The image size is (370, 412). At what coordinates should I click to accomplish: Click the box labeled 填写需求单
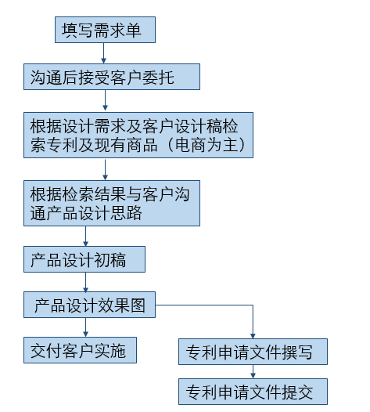point(105,30)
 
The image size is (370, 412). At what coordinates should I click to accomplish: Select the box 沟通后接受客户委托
point(112,77)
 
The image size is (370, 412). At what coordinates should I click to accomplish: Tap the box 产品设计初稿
point(84,259)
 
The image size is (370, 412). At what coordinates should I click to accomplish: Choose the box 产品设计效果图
point(89,305)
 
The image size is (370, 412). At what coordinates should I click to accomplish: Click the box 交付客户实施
point(80,350)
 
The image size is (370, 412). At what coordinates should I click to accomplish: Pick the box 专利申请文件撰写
point(253,352)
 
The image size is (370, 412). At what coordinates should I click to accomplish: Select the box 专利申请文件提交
point(253,392)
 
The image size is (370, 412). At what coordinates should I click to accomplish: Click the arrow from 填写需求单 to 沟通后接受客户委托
point(104,53)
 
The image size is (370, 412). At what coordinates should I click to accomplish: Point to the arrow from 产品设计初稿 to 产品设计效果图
point(85,282)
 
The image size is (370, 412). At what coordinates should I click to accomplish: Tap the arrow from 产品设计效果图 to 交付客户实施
point(85,327)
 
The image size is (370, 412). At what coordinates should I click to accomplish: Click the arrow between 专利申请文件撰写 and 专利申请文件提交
point(253,371)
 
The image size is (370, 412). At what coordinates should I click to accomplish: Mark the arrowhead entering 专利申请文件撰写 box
point(253,336)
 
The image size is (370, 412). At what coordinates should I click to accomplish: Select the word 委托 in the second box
point(158,78)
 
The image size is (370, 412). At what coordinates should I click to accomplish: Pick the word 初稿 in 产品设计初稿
point(110,260)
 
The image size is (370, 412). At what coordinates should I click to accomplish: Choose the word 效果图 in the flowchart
point(121,305)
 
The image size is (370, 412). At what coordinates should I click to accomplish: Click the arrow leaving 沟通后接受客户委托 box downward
point(106,100)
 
